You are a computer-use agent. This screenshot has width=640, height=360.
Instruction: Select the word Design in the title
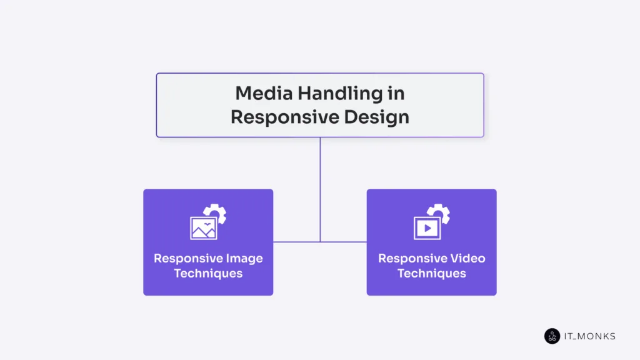point(379,116)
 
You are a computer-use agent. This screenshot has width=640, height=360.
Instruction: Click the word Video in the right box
point(467,258)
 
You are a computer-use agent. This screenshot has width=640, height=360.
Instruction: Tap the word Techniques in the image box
point(208,273)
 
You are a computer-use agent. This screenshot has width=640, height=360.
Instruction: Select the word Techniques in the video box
point(431,273)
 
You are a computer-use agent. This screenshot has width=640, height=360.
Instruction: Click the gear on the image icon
point(217,213)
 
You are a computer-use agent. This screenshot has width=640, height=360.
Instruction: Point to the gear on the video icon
point(441,213)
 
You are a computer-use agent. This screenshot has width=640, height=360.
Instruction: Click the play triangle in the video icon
point(428,229)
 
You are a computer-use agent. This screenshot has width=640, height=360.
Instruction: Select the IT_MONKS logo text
point(590,336)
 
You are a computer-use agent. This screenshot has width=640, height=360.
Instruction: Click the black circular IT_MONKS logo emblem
point(552,336)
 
